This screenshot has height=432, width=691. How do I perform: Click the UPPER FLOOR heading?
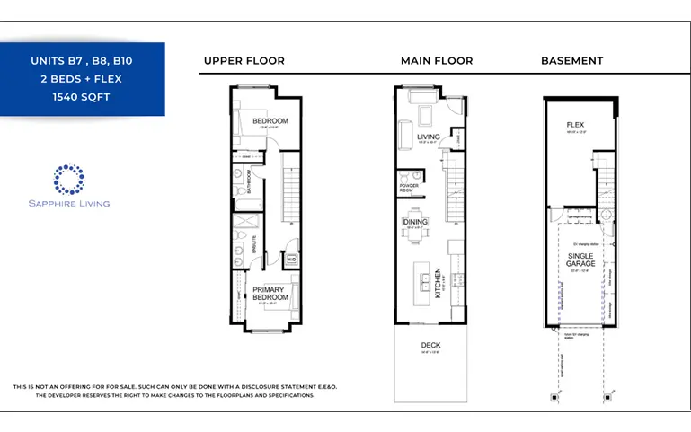tap(244, 61)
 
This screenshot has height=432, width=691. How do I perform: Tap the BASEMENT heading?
tap(571, 61)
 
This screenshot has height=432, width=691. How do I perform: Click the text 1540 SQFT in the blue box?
tap(82, 96)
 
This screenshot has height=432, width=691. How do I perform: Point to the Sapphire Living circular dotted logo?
tap(68, 179)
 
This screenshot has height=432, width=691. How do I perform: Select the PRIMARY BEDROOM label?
tap(270, 293)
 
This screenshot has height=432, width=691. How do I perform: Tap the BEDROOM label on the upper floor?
tap(270, 121)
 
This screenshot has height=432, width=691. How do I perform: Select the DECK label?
tap(430, 345)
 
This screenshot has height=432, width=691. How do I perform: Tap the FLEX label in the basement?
tap(575, 124)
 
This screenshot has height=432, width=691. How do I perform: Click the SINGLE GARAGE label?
tap(580, 260)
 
